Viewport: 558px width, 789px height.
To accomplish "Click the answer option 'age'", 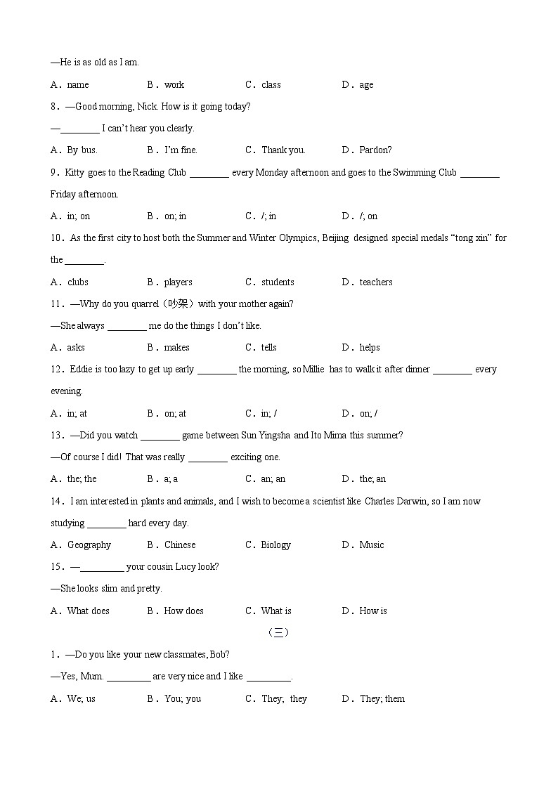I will [x=366, y=85].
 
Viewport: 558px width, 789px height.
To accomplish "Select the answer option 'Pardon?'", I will [x=375, y=150].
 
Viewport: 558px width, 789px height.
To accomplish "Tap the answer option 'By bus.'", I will [x=82, y=150].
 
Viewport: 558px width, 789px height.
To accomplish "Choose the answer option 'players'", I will [x=178, y=282].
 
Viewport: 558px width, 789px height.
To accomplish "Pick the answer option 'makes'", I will [x=176, y=348].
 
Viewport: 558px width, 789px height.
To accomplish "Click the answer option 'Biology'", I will [x=275, y=545].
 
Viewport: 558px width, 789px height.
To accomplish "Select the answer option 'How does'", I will [x=183, y=611].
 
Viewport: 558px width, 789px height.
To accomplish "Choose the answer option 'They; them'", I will [x=382, y=699].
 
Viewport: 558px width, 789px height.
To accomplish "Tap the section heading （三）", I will [x=278, y=633].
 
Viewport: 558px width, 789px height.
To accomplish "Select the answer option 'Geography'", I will [x=89, y=545].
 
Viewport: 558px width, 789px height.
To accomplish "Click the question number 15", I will [x=58, y=567].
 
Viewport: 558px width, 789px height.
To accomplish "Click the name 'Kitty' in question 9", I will [x=75, y=173].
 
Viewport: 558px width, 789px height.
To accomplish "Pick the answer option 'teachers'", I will [x=376, y=282].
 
